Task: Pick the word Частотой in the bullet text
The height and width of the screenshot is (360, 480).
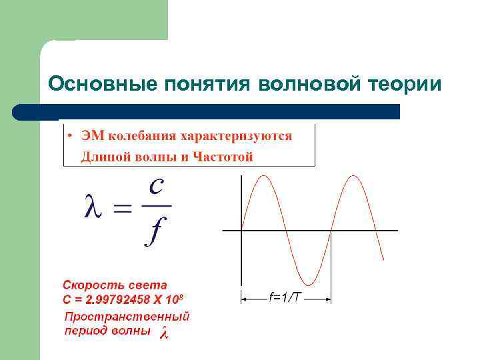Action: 223,157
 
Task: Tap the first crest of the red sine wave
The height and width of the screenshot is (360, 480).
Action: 264,177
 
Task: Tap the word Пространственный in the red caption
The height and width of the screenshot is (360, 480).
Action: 127,316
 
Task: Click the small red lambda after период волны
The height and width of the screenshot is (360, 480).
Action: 164,333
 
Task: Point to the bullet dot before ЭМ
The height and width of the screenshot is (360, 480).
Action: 69,137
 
